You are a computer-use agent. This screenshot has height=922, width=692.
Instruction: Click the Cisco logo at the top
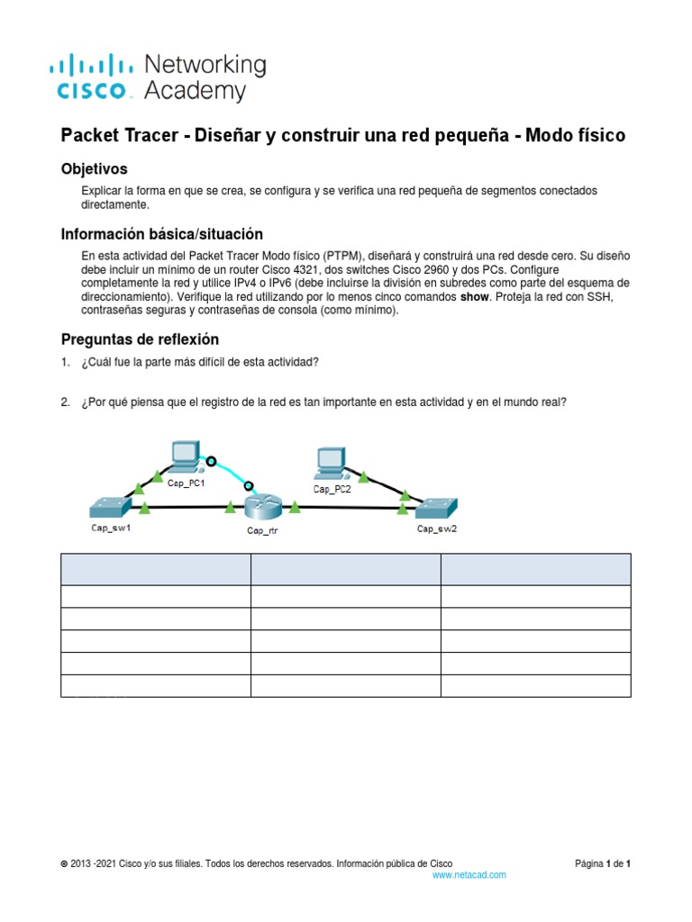pyautogui.click(x=95, y=77)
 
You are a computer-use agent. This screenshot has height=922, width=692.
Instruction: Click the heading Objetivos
pyautogui.click(x=94, y=168)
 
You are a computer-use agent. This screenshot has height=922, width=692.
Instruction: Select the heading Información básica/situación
pyautogui.click(x=161, y=233)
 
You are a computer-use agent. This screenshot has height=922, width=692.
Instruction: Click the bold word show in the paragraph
pyautogui.click(x=476, y=296)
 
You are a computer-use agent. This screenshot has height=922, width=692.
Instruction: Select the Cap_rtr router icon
pyautogui.click(x=262, y=506)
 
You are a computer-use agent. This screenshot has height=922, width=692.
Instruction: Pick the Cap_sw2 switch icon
pyautogui.click(x=436, y=508)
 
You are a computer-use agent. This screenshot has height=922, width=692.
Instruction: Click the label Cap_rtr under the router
pyautogui.click(x=261, y=530)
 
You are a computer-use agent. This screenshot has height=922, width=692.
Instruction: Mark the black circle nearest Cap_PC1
pyautogui.click(x=212, y=462)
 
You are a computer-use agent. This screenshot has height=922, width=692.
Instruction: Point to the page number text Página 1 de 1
pyautogui.click(x=603, y=863)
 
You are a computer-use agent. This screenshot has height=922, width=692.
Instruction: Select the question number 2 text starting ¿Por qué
pyautogui.click(x=323, y=402)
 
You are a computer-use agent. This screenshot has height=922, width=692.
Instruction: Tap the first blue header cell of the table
pyautogui.click(x=155, y=569)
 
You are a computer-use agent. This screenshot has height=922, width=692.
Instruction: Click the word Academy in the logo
pyautogui.click(x=195, y=91)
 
